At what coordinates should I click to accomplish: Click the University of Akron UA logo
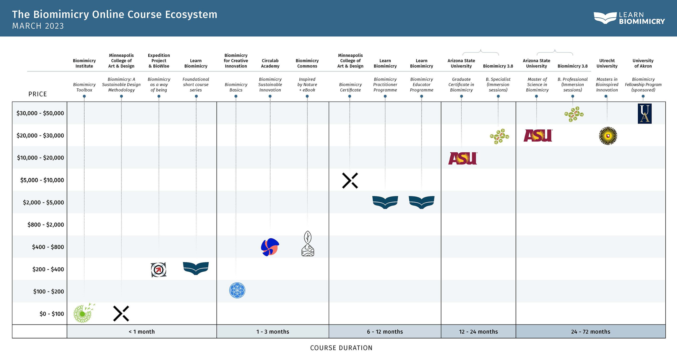pos(644,113)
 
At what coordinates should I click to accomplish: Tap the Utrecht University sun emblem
pos(608,136)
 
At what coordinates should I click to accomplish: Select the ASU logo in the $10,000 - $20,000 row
pos(463,158)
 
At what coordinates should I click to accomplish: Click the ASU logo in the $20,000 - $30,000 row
pos(538,135)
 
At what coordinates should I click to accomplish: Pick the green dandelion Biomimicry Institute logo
pos(83,313)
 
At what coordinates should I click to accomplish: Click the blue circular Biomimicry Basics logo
pos(237,290)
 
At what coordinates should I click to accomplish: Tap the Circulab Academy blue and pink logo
pos(270,247)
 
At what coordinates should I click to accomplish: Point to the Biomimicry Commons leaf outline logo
pos(308,244)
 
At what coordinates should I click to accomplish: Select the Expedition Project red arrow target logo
pos(158,270)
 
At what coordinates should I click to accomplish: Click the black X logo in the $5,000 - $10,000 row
pos(350,180)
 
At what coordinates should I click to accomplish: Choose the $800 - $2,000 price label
pos(45,225)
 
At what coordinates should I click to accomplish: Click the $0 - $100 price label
pos(52,314)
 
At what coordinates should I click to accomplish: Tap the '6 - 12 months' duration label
pos(385,331)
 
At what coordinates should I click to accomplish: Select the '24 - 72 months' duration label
pos(591,331)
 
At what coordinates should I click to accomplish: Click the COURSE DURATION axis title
pos(341,348)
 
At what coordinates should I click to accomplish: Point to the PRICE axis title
pos(38,94)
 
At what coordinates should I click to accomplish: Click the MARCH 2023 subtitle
pos(38,26)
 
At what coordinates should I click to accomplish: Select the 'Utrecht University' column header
pos(607,63)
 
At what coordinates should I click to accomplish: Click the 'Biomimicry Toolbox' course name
pos(84,87)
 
